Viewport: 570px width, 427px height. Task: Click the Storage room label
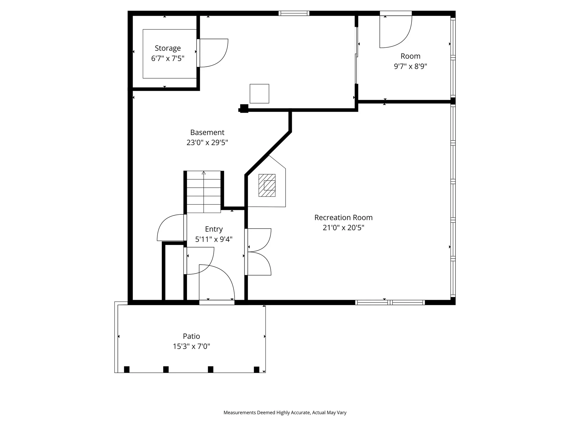pyautogui.click(x=168, y=48)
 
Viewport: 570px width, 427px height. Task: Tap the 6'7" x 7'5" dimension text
pyautogui.click(x=168, y=58)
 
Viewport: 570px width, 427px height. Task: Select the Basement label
pyautogui.click(x=207, y=132)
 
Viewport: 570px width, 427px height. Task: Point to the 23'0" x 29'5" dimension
pyautogui.click(x=207, y=143)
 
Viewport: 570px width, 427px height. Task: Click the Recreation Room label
pyautogui.click(x=343, y=218)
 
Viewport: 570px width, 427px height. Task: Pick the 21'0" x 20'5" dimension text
pyautogui.click(x=343, y=228)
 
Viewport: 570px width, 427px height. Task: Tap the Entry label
pyautogui.click(x=214, y=229)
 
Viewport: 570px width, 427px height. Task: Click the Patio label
pyautogui.click(x=191, y=336)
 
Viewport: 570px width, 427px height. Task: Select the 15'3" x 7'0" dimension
pyautogui.click(x=191, y=346)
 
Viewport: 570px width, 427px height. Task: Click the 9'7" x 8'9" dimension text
pyautogui.click(x=411, y=66)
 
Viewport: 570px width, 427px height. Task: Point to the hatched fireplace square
pyautogui.click(x=267, y=185)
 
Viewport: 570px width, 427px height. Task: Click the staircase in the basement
pyautogui.click(x=204, y=192)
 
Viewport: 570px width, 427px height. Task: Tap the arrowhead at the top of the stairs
pyautogui.click(x=204, y=173)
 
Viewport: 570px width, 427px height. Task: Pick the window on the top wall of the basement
pyautogui.click(x=294, y=13)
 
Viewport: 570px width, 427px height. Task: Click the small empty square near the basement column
pyautogui.click(x=259, y=94)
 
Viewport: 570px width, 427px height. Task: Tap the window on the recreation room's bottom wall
pyautogui.click(x=390, y=302)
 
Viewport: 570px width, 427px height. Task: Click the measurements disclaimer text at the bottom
pyautogui.click(x=285, y=412)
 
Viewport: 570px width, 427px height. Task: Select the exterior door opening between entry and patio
pyautogui.click(x=217, y=302)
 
